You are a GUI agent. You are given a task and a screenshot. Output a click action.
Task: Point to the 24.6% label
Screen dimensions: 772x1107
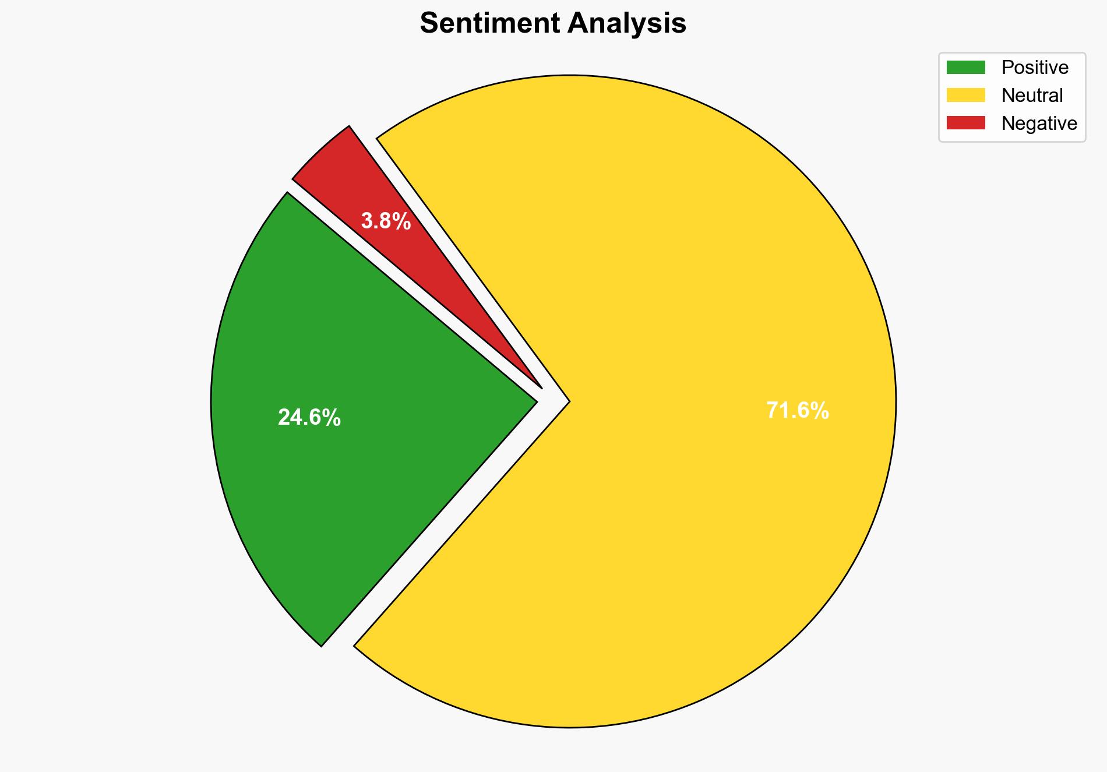click(309, 418)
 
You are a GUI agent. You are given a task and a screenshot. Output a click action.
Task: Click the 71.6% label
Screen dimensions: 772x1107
click(797, 411)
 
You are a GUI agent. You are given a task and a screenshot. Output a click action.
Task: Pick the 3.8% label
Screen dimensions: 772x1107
click(386, 221)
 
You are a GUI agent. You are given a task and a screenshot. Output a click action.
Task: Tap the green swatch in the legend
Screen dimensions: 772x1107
click(965, 68)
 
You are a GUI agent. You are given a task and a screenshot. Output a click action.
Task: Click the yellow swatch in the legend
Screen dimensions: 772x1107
click(965, 95)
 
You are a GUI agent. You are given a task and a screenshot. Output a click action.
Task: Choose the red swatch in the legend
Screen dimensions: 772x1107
click(965, 123)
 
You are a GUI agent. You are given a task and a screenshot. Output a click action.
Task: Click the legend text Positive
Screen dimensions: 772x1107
click(1035, 68)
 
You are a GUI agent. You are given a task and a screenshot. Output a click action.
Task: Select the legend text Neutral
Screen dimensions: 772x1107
click(1032, 95)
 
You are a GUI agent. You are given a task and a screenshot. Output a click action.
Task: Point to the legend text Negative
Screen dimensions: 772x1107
click(1039, 123)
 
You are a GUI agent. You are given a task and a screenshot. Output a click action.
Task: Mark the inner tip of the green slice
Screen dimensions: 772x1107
click(535, 401)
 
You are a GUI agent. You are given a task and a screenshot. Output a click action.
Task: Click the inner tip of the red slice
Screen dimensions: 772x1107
click(541, 387)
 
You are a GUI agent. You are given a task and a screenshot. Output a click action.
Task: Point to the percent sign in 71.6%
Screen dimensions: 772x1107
click(820, 411)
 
